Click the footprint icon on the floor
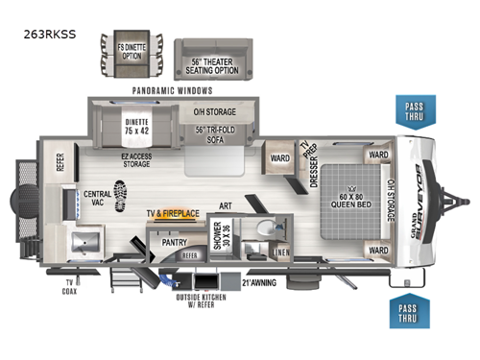point(121,194)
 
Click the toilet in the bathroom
point(262,230)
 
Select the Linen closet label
point(281,252)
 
